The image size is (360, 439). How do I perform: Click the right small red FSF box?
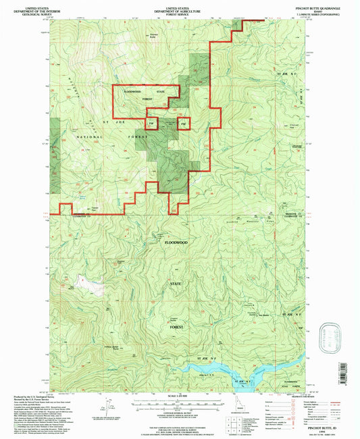click(184, 124)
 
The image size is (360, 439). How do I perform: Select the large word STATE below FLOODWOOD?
click(177, 284)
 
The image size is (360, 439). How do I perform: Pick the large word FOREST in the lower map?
click(177, 326)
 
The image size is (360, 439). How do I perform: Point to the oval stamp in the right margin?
click(331, 336)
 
